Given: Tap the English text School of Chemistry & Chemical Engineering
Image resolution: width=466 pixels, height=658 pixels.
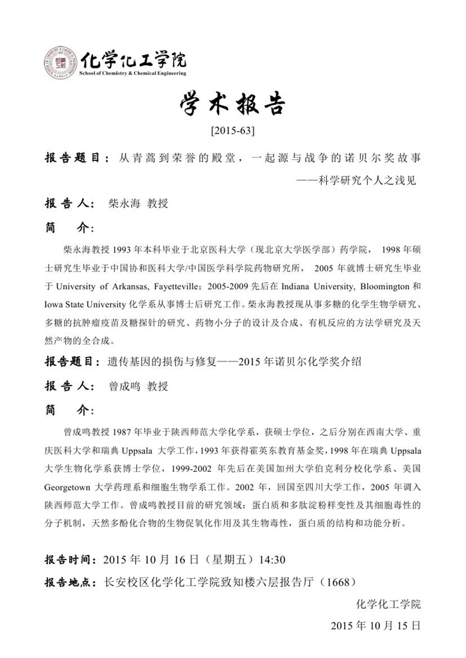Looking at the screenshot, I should tap(132, 73).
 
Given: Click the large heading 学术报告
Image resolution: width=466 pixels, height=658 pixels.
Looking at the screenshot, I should tap(232, 105).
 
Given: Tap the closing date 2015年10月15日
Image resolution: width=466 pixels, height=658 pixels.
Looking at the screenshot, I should tap(375, 626).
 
